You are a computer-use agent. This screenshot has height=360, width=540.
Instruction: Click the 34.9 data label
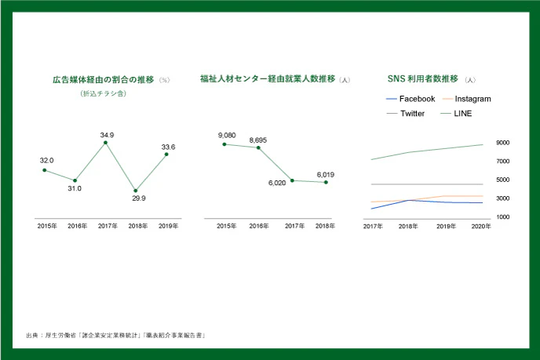(108, 135)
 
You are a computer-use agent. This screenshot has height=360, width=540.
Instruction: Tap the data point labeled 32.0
(45, 170)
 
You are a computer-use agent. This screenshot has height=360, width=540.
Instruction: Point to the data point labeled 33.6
(166, 155)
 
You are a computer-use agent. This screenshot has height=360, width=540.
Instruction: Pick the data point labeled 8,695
(258, 147)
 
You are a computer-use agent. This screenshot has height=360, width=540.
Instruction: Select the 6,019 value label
(326, 175)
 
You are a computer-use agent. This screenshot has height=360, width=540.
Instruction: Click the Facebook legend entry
(417, 99)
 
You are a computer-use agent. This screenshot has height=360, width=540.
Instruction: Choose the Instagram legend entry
(472, 99)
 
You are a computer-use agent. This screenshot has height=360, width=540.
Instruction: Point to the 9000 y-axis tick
(503, 143)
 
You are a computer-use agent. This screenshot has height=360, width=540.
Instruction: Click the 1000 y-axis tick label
(503, 217)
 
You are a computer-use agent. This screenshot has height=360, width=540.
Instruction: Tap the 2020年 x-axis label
(482, 227)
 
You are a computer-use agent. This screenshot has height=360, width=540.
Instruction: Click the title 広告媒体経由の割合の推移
(104, 79)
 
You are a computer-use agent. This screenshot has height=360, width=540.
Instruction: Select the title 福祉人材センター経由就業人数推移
(267, 79)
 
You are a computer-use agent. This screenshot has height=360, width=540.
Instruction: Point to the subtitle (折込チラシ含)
(104, 93)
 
